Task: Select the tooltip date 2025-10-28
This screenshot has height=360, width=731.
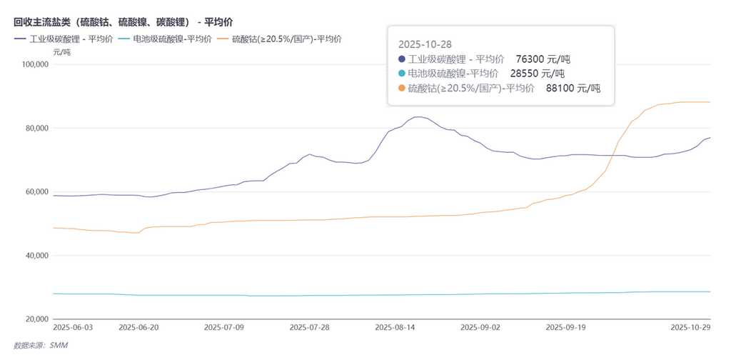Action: tap(425, 44)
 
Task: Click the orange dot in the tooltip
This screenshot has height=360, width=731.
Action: tap(401, 89)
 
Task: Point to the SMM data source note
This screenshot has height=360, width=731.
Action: tap(41, 345)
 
